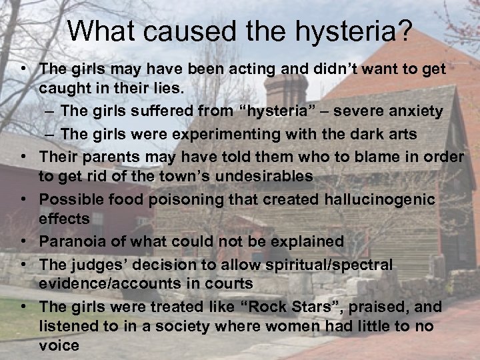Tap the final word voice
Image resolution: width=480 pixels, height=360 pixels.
(x=59, y=346)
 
